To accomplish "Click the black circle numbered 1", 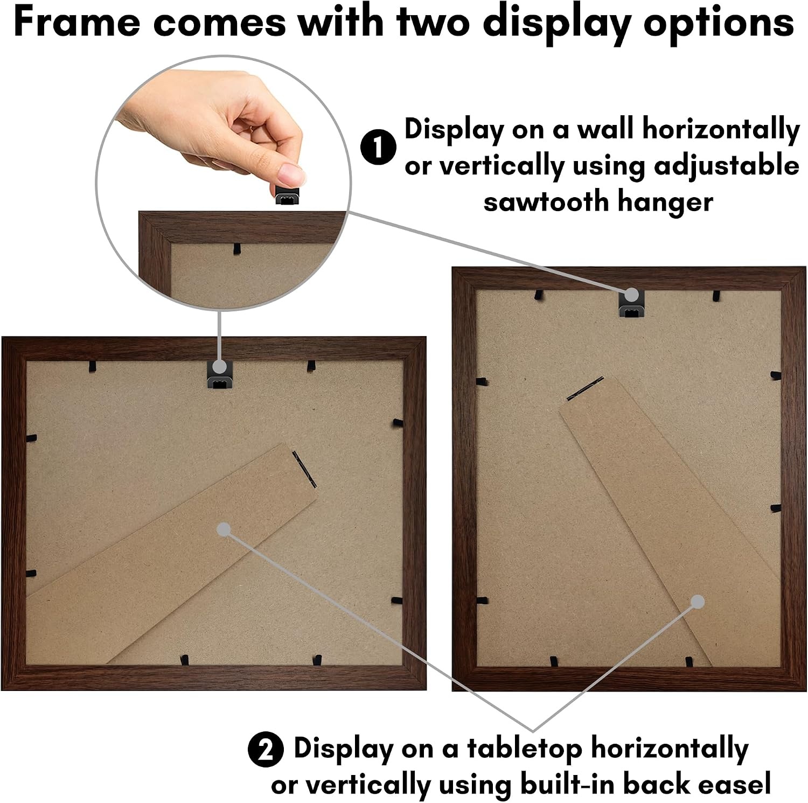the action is click(379, 147).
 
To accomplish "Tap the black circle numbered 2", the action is click(266, 749).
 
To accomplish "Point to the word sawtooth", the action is click(545, 202).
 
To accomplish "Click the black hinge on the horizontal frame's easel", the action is click(304, 467).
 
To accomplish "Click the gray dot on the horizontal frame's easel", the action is click(224, 529).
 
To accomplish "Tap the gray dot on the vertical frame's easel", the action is click(697, 602).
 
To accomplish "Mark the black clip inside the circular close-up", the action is click(236, 249).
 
